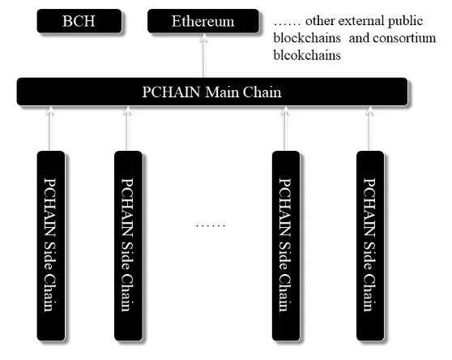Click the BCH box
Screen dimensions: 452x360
coord(79,21)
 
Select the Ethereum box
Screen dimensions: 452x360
coord(203,21)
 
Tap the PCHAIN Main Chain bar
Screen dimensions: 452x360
coord(212,92)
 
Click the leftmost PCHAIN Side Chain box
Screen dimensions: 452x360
coord(51,246)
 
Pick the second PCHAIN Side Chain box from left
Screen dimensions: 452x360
coord(128,246)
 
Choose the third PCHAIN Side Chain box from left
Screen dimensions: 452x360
coord(286,246)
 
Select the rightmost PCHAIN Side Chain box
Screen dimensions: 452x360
coord(370,246)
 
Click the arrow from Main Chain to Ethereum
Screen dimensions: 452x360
coord(204,55)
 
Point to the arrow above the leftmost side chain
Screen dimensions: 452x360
coord(50,129)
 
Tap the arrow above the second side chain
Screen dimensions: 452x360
coord(127,129)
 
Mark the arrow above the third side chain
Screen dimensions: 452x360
coord(285,129)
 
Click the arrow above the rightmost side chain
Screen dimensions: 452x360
coord(370,129)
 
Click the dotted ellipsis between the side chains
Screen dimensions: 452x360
coord(211,225)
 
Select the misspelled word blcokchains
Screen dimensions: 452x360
coord(307,55)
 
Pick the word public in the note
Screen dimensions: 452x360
coord(405,21)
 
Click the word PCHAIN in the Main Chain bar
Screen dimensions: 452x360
coord(171,92)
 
